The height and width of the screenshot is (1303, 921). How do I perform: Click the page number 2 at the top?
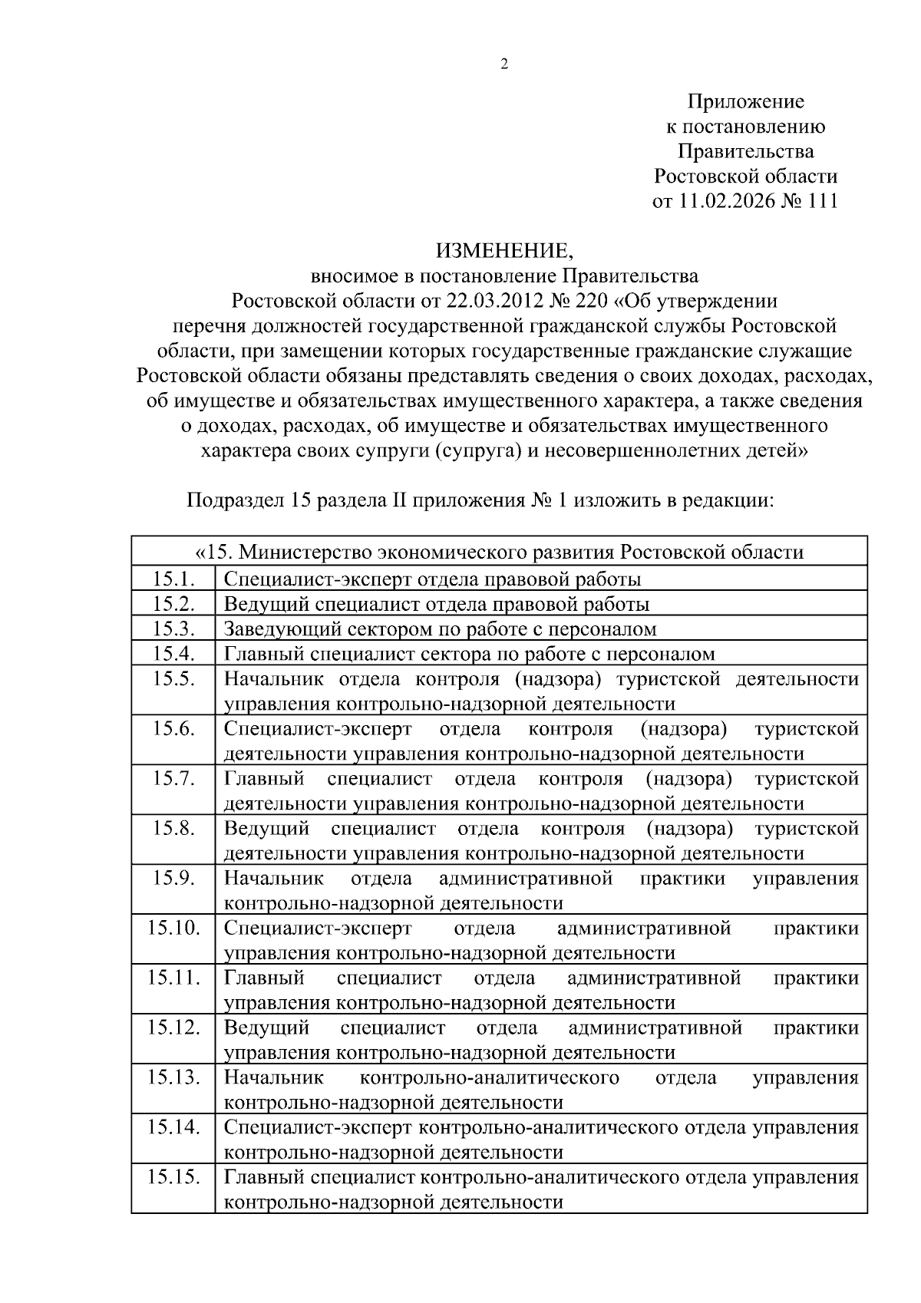(504, 65)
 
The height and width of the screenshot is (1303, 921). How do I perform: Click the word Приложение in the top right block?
(745, 102)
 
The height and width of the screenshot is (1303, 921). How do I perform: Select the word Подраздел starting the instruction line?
(236, 502)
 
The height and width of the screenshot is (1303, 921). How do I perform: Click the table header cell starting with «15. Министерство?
(499, 553)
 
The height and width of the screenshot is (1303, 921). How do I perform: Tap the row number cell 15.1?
(173, 579)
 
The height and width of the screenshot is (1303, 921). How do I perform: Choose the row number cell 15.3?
(173, 629)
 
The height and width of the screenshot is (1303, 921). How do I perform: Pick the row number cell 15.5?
(173, 679)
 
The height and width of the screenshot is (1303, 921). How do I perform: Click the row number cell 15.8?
(173, 829)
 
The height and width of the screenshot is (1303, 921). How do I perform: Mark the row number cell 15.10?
(173, 929)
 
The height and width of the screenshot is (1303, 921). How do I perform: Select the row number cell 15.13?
(173, 1078)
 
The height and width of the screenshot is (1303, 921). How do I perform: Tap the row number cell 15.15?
(173, 1178)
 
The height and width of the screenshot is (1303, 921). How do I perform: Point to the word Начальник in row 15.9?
(273, 879)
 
